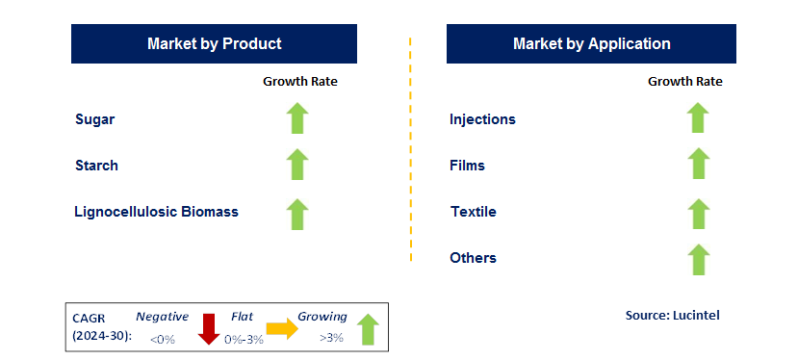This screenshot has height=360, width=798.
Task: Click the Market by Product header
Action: tap(214, 44)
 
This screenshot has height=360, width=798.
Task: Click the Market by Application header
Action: tap(591, 44)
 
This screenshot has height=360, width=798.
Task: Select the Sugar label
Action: tap(95, 119)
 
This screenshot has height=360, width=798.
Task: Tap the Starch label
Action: tap(96, 166)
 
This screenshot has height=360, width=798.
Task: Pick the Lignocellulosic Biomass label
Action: tap(156, 212)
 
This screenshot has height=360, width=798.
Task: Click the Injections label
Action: tap(482, 119)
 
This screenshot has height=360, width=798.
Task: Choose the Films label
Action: tap(467, 166)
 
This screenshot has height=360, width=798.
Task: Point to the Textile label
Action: tap(473, 212)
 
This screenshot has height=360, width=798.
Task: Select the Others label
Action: tap(473, 258)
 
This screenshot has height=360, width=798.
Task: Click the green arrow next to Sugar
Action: tap(297, 118)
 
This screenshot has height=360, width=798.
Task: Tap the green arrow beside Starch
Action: tap(297, 165)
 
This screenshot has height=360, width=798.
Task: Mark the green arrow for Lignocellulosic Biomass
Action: tap(297, 213)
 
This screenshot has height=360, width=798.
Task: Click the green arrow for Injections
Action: tap(698, 118)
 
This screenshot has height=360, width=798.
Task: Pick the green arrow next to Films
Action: tap(698, 165)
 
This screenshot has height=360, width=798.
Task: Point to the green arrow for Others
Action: tap(698, 259)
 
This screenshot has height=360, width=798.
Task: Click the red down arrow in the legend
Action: tap(208, 327)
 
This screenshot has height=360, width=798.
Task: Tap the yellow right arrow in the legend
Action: tap(282, 328)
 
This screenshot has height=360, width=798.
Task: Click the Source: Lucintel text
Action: tap(672, 315)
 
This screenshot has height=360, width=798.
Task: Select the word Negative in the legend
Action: tap(162, 316)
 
